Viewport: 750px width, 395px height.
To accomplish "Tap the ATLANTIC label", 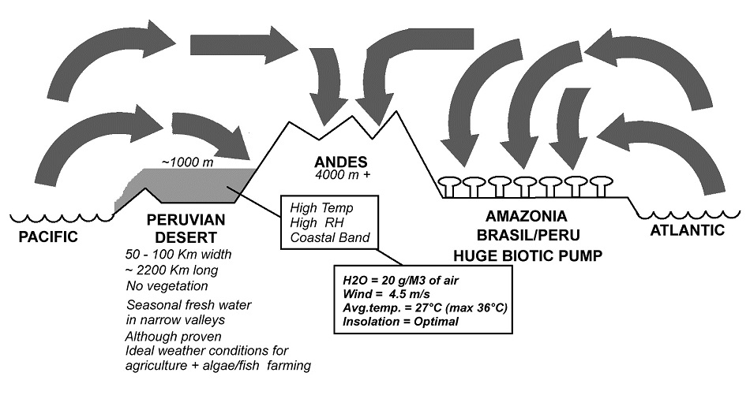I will click(687, 230).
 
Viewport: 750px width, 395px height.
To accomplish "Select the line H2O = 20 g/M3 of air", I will click(399, 280).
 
